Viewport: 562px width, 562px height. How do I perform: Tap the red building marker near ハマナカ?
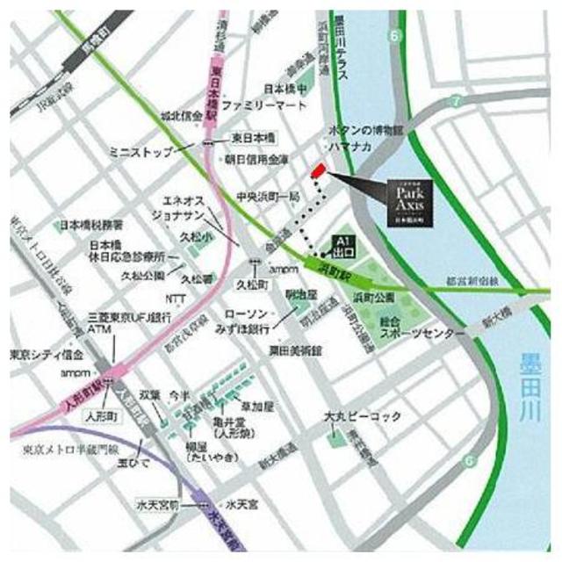(x=319, y=170)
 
